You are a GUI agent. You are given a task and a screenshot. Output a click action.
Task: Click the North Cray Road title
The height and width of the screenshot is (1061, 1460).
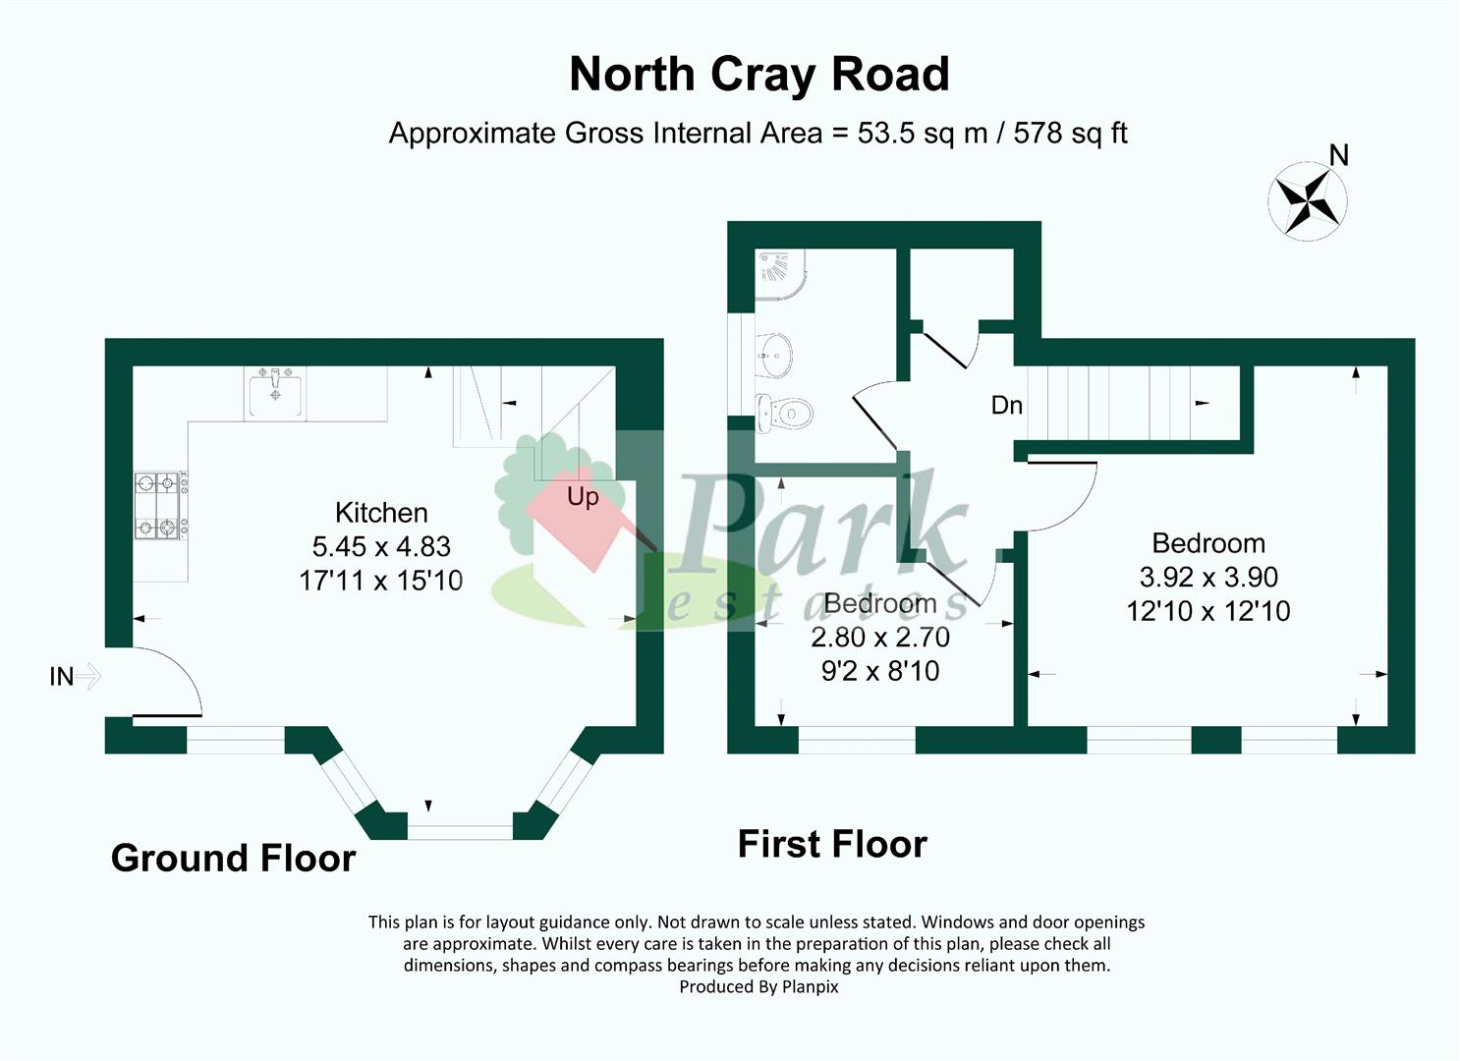coord(758,75)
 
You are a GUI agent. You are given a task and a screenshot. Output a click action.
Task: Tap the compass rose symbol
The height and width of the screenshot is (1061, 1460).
coord(1307,201)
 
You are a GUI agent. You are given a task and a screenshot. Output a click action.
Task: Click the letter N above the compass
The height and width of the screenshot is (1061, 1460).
coord(1338,155)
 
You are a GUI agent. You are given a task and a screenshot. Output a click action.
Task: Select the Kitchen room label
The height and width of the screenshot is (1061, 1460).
coord(381,513)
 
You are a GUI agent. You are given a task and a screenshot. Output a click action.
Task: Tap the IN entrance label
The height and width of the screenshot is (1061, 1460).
coord(61,677)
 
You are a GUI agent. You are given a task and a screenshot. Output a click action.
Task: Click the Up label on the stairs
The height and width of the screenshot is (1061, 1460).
coord(583,497)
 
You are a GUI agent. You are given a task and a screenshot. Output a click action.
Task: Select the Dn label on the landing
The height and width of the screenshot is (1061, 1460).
coord(1006,405)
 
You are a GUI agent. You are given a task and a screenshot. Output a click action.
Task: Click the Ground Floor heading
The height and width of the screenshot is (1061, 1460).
coord(233,859)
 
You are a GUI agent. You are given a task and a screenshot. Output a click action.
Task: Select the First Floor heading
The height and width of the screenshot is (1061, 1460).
coord(832,845)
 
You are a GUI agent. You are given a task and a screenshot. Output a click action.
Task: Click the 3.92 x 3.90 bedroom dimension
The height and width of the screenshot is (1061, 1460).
coord(1208,578)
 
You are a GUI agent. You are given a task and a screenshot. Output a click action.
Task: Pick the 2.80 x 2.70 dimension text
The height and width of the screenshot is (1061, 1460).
coord(880,638)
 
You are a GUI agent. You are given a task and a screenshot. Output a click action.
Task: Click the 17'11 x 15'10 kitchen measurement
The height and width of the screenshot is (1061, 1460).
coord(381,581)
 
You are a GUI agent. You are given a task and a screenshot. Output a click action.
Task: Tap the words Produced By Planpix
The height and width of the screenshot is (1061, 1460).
coord(758,986)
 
